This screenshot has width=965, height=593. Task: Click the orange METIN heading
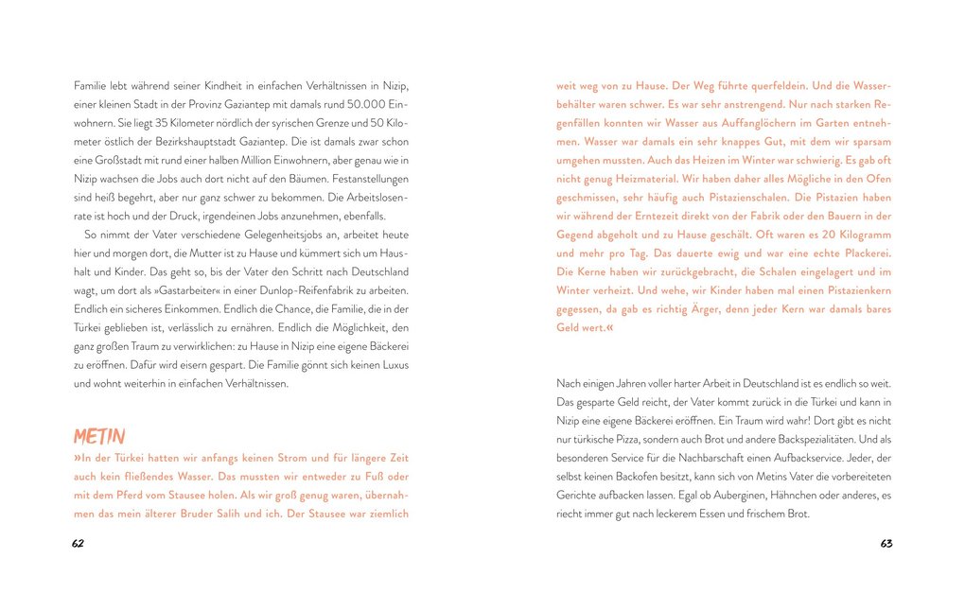pyautogui.click(x=99, y=436)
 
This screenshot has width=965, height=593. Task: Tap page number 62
pyautogui.click(x=79, y=544)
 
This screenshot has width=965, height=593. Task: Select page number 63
pyautogui.click(x=886, y=544)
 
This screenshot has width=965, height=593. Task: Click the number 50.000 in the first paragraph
pyautogui.click(x=364, y=104)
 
